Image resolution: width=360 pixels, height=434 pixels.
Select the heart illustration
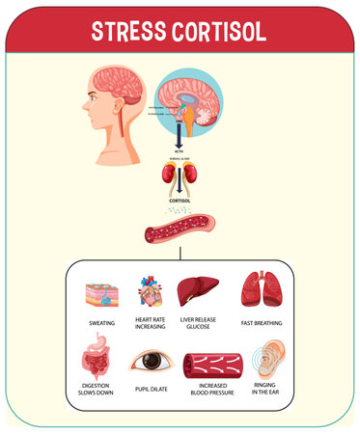150,292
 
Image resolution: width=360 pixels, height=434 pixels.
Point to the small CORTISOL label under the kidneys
180,201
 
